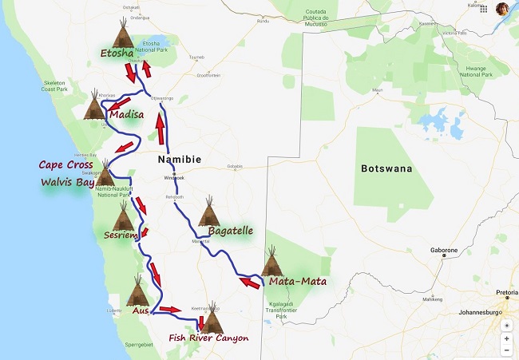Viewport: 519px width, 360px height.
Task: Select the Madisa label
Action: coord(128,114)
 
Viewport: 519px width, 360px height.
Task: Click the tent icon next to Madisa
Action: coord(94,106)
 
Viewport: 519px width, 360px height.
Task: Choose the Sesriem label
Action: coord(121,235)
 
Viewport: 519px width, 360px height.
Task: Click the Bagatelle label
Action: coord(230,231)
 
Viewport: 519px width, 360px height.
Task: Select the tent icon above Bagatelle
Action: coord(209,212)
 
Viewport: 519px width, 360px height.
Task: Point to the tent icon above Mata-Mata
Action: coord(273,261)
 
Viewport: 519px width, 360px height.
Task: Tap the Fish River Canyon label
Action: coord(208,338)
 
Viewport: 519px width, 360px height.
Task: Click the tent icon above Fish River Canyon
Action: coord(212,317)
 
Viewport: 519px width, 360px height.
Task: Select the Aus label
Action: coord(141,310)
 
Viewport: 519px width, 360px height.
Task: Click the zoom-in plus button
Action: coord(506,338)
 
